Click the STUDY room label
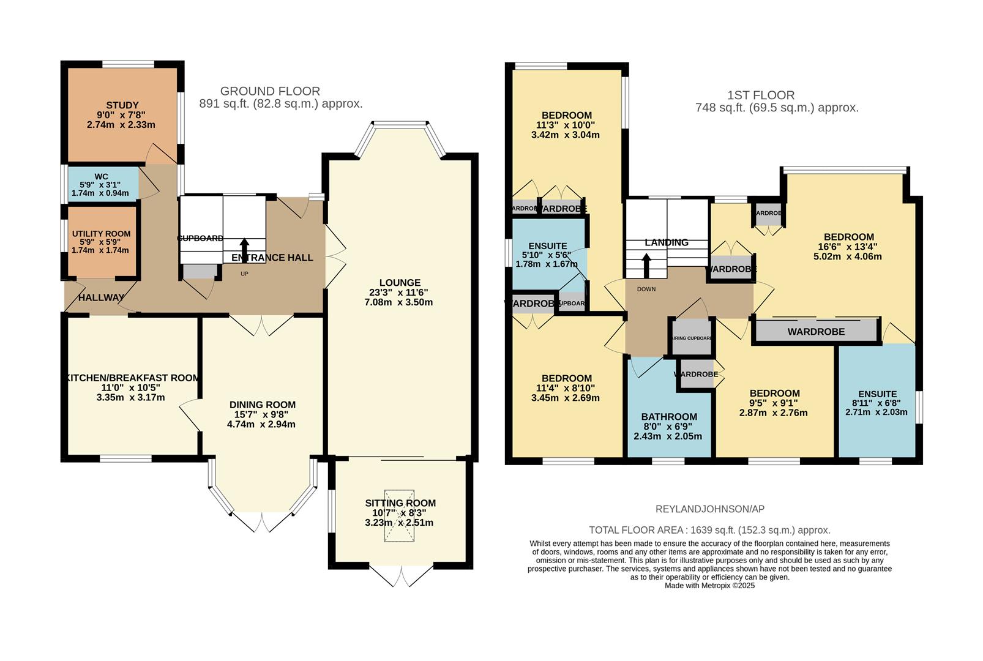[x=122, y=105]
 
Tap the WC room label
[x=101, y=177]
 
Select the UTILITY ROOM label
[x=101, y=234]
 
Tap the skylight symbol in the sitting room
[x=399, y=515]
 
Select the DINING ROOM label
[x=262, y=405]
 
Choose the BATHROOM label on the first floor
[x=669, y=417]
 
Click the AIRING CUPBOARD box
[x=692, y=338]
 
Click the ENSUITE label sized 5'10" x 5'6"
[x=548, y=247]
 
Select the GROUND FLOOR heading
[x=270, y=91]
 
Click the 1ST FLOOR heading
[x=761, y=95]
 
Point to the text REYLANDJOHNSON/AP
[x=709, y=509]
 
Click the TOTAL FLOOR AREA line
[x=709, y=530]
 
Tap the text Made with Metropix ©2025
[x=709, y=586]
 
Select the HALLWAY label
[x=101, y=297]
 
